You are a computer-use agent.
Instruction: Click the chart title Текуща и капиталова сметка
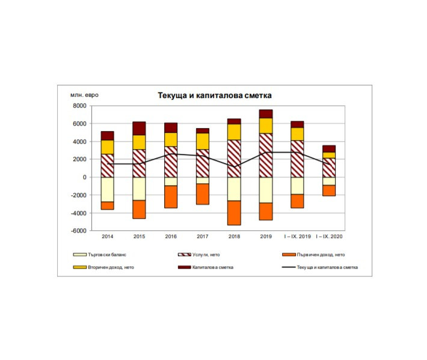[x=215, y=95]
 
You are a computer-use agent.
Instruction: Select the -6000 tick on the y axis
[x=78, y=231]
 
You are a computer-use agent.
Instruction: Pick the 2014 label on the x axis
[x=108, y=237]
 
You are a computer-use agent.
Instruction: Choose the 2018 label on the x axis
[x=234, y=237]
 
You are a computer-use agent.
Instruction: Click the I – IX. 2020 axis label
[x=328, y=237]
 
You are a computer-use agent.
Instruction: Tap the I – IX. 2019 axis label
[x=297, y=237]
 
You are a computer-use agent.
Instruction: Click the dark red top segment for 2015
[x=139, y=128]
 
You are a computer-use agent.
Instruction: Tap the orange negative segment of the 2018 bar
[x=234, y=213]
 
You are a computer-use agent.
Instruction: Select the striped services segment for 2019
[x=266, y=155]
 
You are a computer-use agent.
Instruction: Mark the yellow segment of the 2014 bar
[x=108, y=147]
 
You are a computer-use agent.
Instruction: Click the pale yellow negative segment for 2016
[x=171, y=182]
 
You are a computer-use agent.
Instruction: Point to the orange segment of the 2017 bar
[x=203, y=194]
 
